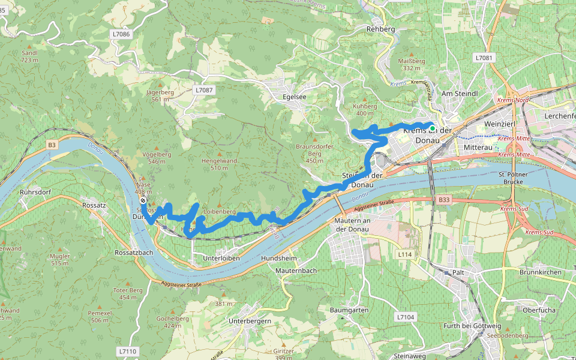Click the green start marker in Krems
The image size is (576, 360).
pos(432,128)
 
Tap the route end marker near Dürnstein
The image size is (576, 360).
pos(143,200)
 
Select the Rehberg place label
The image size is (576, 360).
pos(379,29)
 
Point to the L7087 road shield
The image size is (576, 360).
pos(204,90)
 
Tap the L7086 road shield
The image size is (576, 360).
pos(121,34)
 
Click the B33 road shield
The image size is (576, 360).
pos(443,199)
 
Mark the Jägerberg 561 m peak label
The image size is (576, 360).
pos(160,96)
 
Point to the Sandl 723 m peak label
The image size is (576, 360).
pos(29,56)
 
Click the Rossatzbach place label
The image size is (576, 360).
pos(134,253)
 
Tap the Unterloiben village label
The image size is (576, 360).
pos(221,257)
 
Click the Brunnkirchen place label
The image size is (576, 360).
pos(541,272)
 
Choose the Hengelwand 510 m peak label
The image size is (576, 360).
pos(219,164)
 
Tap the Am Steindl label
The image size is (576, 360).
pos(459,94)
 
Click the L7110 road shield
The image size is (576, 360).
pos(128,350)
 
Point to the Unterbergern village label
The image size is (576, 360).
pos(250,321)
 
